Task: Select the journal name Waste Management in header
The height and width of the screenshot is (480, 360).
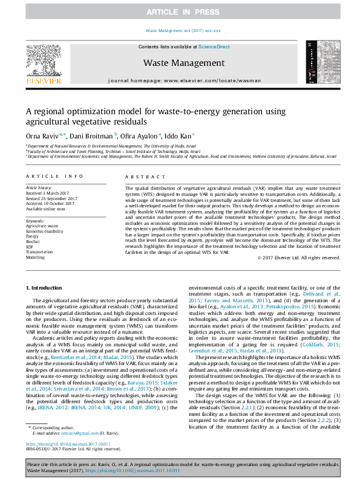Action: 184,63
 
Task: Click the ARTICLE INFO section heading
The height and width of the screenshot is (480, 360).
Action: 54,176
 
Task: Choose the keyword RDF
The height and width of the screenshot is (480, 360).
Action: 29,247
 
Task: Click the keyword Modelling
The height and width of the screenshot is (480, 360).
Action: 35,257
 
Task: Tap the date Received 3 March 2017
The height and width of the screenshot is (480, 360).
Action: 49,193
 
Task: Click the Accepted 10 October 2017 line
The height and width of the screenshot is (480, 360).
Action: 50,203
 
